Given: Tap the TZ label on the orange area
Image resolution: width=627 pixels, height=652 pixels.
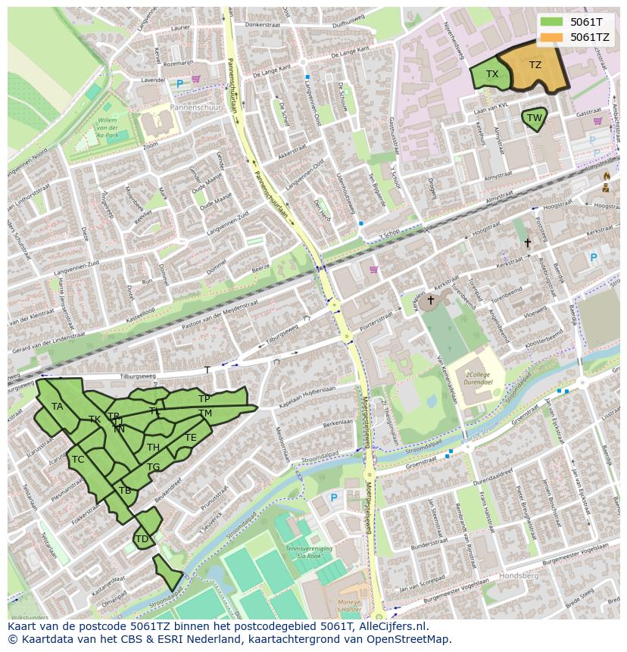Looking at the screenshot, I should coord(535,65).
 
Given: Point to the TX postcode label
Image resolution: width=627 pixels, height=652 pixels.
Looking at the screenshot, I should coord(492,74).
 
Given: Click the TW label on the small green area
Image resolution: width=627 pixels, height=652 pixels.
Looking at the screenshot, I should coord(535,118).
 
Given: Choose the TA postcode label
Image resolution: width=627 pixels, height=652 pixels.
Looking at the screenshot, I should coord(58,407).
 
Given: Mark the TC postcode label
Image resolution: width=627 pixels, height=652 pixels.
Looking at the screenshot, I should coord(78,460).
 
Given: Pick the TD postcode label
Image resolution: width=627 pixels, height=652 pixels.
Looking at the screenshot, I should coord(141,538).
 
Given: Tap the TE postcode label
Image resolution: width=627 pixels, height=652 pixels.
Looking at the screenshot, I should coord(191,438).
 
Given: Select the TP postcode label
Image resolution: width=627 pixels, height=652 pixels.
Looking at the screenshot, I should coord(204,398).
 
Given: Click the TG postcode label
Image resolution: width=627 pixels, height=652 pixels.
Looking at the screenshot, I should coord(154,467).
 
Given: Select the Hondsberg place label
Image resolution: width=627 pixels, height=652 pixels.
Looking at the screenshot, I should coord(519,576).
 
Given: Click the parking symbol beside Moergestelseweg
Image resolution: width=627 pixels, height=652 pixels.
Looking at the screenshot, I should coord(334,498).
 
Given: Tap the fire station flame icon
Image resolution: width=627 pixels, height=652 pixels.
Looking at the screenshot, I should coord(606,176).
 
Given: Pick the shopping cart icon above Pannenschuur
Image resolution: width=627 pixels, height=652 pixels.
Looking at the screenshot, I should coord(196,79).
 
